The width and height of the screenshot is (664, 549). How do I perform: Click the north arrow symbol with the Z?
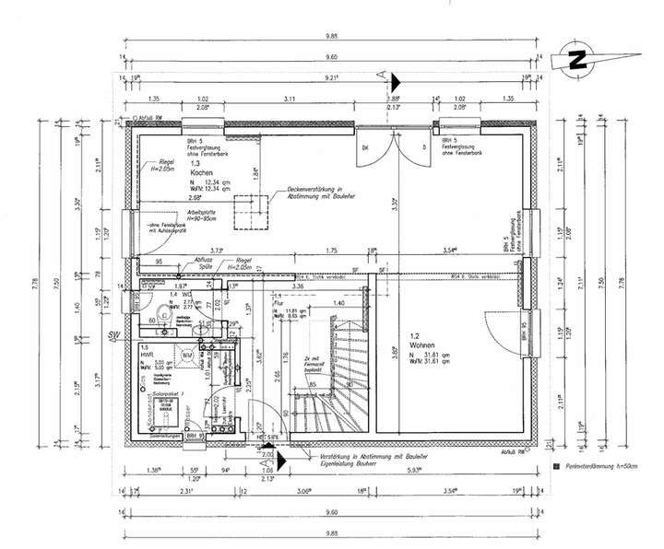click(578, 59)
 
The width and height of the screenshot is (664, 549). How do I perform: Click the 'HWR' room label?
click(147, 354)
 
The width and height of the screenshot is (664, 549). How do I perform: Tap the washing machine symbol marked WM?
click(187, 355)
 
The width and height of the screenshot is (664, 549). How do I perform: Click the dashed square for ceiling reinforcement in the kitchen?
click(249, 211)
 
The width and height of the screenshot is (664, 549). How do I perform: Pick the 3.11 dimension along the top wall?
click(289, 98)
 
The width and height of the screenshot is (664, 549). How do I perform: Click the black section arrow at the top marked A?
click(394, 83)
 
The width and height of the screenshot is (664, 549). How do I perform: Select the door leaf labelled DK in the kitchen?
click(372, 150)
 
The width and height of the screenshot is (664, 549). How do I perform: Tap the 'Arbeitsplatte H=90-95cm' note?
click(204, 216)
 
